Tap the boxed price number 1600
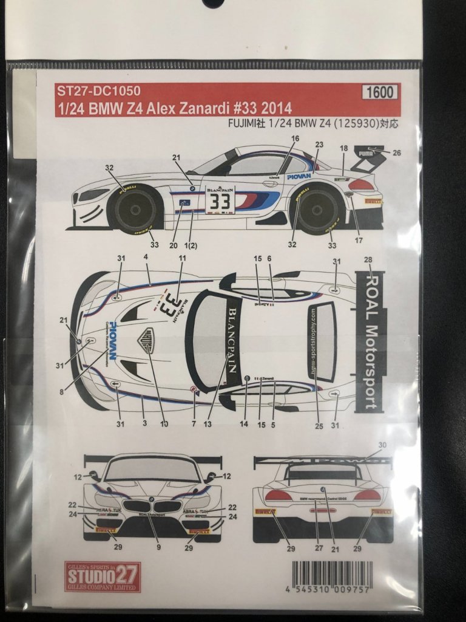[x=380, y=92]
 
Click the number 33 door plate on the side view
[x=220, y=201]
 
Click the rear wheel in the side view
[x=317, y=210]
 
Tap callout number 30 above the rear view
[x=382, y=446]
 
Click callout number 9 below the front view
[x=159, y=547]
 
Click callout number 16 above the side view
[x=295, y=138]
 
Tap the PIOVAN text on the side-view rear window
[x=299, y=176]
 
